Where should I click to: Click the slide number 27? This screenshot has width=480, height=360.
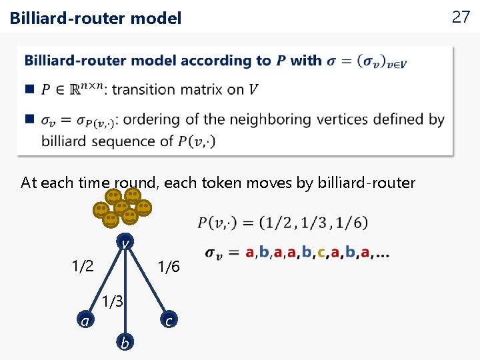pyautogui.click(x=461, y=17)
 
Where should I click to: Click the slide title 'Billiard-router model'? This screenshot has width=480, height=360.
pyautogui.click(x=95, y=19)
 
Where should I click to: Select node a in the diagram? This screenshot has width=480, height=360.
pyautogui.click(x=85, y=321)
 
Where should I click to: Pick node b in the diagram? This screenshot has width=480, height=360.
pyautogui.click(x=124, y=343)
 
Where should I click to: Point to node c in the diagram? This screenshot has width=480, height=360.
pyautogui.click(x=169, y=321)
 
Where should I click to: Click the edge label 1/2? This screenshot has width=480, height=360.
pyautogui.click(x=83, y=267)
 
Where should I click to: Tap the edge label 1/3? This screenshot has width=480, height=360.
pyautogui.click(x=113, y=301)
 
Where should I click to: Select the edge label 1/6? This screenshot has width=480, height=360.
pyautogui.click(x=167, y=267)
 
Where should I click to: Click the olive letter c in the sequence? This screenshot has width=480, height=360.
pyautogui.click(x=321, y=253)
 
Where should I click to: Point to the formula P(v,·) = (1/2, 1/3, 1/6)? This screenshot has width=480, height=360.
pyautogui.click(x=283, y=222)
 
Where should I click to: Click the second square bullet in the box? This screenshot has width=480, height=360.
pyautogui.click(x=29, y=119)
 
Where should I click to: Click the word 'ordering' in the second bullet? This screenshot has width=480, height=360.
pyautogui.click(x=154, y=120)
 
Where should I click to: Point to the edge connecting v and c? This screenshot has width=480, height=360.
pyautogui.click(x=147, y=280)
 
